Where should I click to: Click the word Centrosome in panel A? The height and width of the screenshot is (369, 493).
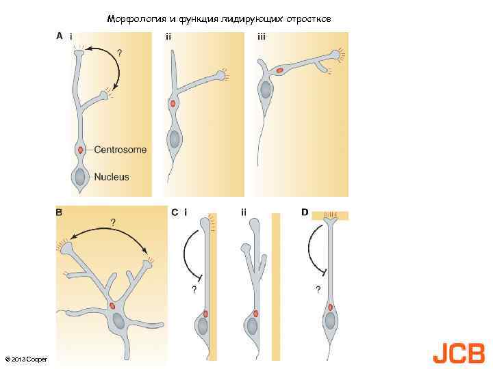click(x=120, y=150)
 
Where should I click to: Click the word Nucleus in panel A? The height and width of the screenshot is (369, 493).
click(x=112, y=177)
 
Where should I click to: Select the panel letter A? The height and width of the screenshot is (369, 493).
click(x=59, y=36)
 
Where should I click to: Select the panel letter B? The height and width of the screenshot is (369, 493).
click(x=59, y=213)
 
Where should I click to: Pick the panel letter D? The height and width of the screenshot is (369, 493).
click(x=304, y=213)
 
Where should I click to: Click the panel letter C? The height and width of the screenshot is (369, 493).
click(x=175, y=213)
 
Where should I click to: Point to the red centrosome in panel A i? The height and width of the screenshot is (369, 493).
click(x=81, y=150)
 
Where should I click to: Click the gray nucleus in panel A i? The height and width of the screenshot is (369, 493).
click(x=81, y=177)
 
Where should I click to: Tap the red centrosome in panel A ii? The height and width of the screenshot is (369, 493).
click(x=173, y=104)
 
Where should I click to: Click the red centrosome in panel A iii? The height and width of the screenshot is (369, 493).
click(x=279, y=70)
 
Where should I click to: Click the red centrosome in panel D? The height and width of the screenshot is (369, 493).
click(x=330, y=307)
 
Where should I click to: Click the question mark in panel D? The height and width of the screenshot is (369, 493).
click(x=318, y=290)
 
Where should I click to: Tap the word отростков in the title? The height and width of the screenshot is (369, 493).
click(x=310, y=19)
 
